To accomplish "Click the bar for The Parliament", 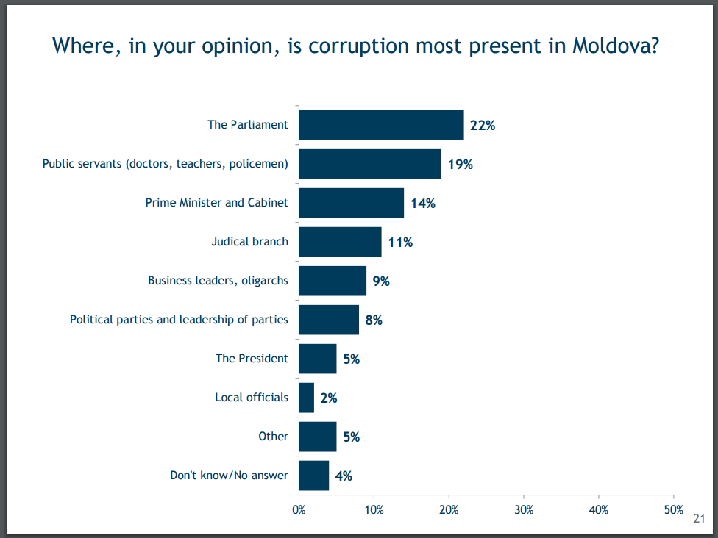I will [381, 125].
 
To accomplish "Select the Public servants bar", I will [370, 164].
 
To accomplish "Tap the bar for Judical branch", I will [340, 242].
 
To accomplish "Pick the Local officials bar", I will [307, 398].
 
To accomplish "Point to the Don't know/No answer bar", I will [314, 476].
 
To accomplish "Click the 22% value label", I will [483, 126].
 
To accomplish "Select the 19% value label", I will [461, 165].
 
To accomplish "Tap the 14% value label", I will [423, 204].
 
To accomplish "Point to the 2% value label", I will [328, 398].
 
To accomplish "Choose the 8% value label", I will [373, 320].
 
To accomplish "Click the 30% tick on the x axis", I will [524, 509].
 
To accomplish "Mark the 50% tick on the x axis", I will [673, 509].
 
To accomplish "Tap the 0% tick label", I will [299, 509].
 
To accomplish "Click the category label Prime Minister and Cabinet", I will [217, 203].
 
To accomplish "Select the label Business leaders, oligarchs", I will [218, 281].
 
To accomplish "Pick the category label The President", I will [252, 359].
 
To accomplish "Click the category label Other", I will [273, 437].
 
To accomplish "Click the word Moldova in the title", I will [614, 46].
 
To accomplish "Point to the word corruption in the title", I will [358, 46].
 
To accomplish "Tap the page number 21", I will [699, 519].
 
